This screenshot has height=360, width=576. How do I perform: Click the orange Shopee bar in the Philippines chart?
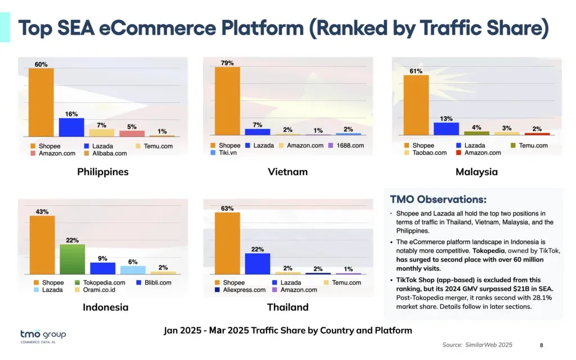pyautogui.click(x=41, y=102)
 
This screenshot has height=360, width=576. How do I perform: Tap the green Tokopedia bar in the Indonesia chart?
pyautogui.click(x=72, y=259)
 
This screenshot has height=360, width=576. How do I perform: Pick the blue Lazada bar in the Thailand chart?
pyautogui.click(x=258, y=263)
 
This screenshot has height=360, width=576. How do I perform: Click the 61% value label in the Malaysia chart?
pyautogui.click(x=416, y=71)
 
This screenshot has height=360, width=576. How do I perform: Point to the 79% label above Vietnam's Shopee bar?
pyautogui.click(x=227, y=62)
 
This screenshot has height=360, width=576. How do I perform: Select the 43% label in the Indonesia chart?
pyautogui.click(x=42, y=211)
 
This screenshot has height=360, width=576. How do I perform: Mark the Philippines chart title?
pyautogui.click(x=103, y=172)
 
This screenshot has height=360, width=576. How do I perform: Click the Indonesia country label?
pyautogui.click(x=106, y=307)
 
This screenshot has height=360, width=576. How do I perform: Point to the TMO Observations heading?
pyautogui.click(x=438, y=200)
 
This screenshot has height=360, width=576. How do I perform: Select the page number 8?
pyautogui.click(x=541, y=345)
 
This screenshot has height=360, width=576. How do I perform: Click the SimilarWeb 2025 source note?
pyautogui.click(x=478, y=345)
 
